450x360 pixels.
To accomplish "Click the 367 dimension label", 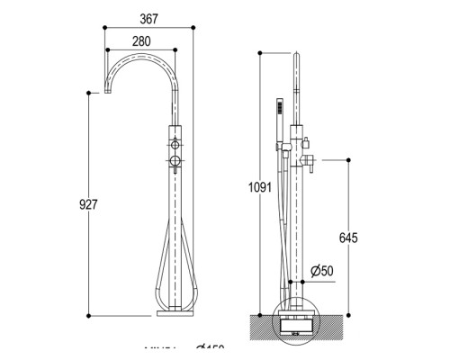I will (x=149, y=19).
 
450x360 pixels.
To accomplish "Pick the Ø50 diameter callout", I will (x=321, y=271).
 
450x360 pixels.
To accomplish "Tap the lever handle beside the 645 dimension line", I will (x=306, y=160).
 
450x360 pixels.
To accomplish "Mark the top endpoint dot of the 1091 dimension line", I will (x=259, y=52).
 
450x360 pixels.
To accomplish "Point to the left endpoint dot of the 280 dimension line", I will (x=106, y=51).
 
